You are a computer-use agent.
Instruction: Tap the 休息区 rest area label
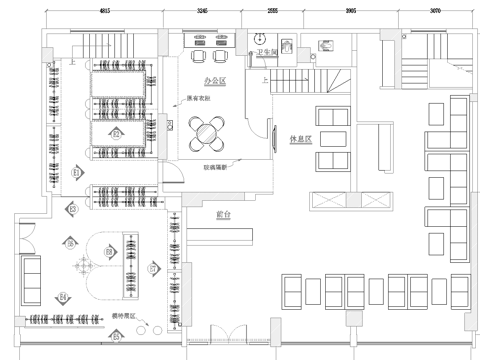click(302, 140)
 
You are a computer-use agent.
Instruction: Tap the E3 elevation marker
click(72, 208)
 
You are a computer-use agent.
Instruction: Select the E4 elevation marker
click(63, 297)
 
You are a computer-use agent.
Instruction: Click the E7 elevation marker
click(153, 269)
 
